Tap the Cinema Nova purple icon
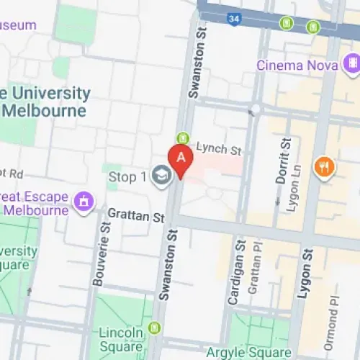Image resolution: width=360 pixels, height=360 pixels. (x=353, y=66)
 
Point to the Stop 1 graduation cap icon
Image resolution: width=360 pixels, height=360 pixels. (x=161, y=176)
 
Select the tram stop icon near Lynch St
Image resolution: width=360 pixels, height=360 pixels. (x=182, y=138)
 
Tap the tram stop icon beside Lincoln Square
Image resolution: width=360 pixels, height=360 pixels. (x=153, y=328)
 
